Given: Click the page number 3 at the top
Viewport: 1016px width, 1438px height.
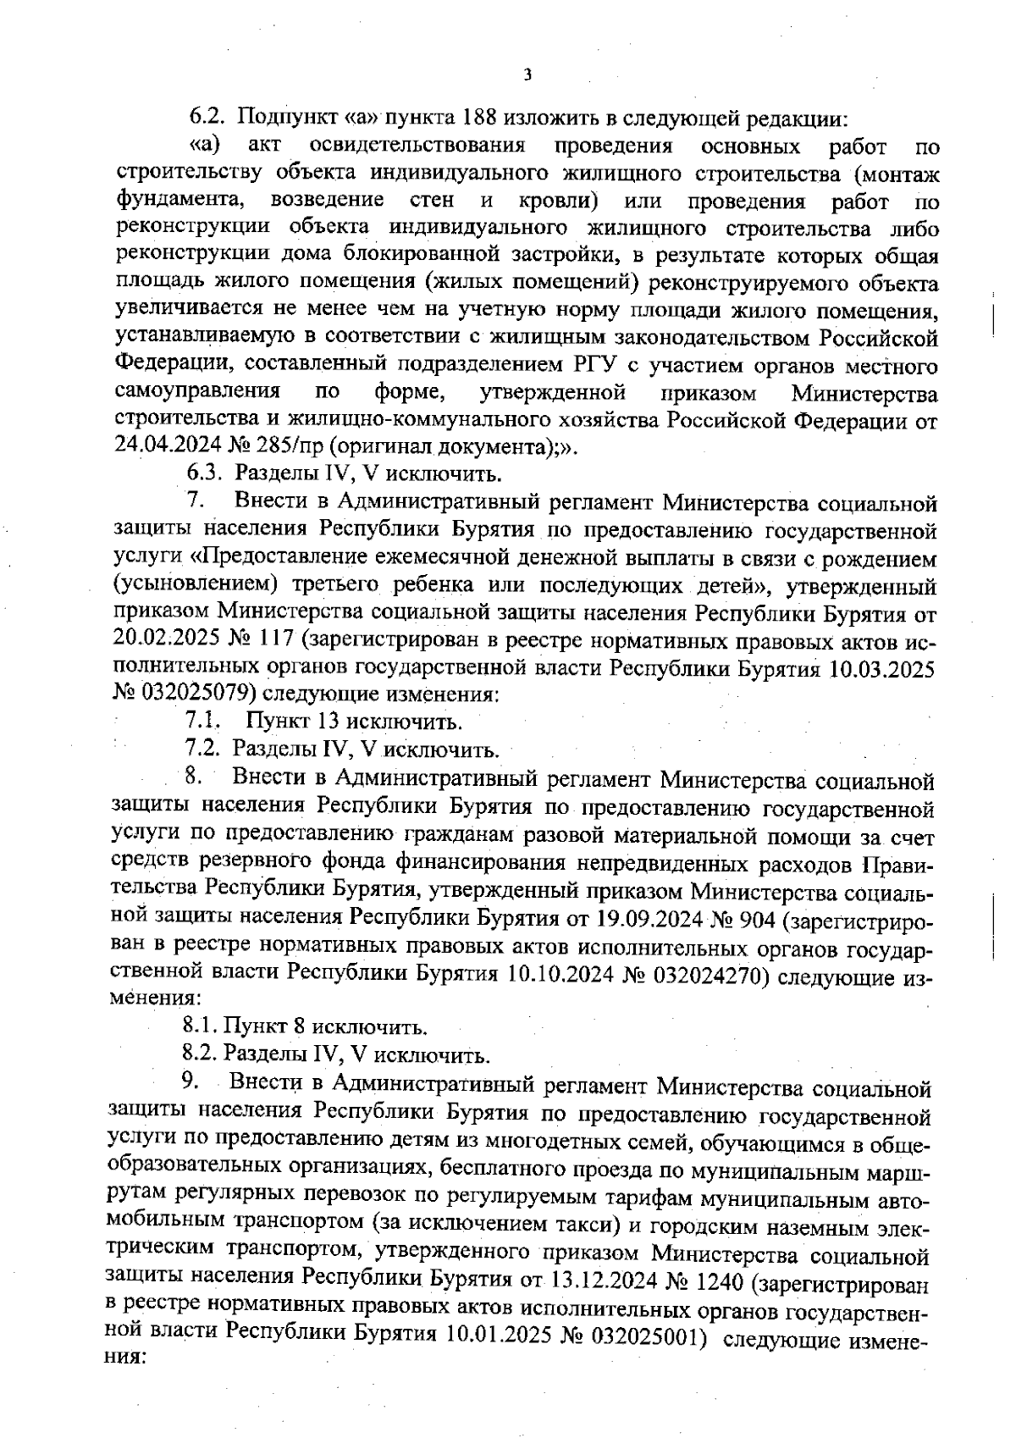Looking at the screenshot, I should click(x=527, y=75).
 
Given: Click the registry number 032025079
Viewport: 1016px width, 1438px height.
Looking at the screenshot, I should click(x=196, y=694).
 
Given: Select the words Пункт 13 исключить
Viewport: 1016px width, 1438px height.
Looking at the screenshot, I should click(x=355, y=722).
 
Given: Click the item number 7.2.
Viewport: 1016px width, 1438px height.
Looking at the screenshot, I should click(x=203, y=750).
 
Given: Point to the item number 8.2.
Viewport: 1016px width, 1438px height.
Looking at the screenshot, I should click(x=200, y=1056).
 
